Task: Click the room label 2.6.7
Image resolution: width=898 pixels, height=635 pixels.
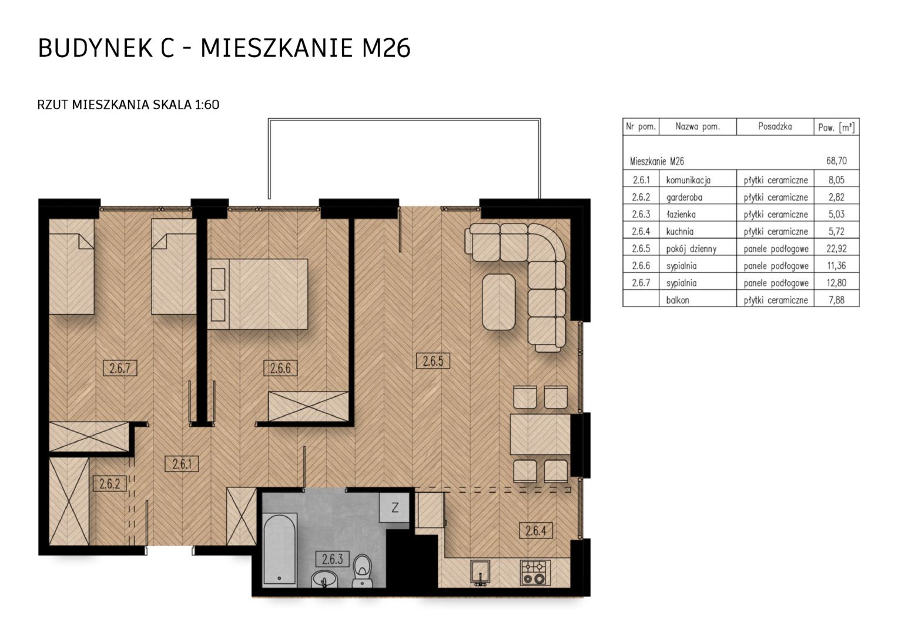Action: point(120,368)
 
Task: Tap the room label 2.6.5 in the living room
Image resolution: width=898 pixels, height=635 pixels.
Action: point(433,361)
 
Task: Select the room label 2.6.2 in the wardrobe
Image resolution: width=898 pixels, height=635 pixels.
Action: point(109,484)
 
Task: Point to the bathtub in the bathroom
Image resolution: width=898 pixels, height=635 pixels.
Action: point(280,550)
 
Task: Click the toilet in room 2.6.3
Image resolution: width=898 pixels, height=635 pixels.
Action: point(363,571)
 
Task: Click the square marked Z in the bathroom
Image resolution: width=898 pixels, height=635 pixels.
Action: point(394,508)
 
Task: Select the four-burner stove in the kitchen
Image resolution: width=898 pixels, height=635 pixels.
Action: point(535,573)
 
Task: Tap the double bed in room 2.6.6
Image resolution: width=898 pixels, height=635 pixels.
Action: point(258,294)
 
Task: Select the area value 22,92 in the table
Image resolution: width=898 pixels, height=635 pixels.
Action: point(836,249)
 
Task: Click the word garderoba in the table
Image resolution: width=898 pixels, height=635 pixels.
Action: point(684,198)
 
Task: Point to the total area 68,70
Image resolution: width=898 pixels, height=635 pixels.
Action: point(836,161)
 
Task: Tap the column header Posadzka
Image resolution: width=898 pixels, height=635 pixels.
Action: point(775,127)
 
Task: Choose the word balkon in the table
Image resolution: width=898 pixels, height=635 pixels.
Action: point(678,300)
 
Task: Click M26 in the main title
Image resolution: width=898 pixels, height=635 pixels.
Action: point(386,48)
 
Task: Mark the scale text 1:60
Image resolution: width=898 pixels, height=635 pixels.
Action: point(207,105)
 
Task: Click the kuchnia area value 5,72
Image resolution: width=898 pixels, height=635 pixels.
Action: point(836,232)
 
